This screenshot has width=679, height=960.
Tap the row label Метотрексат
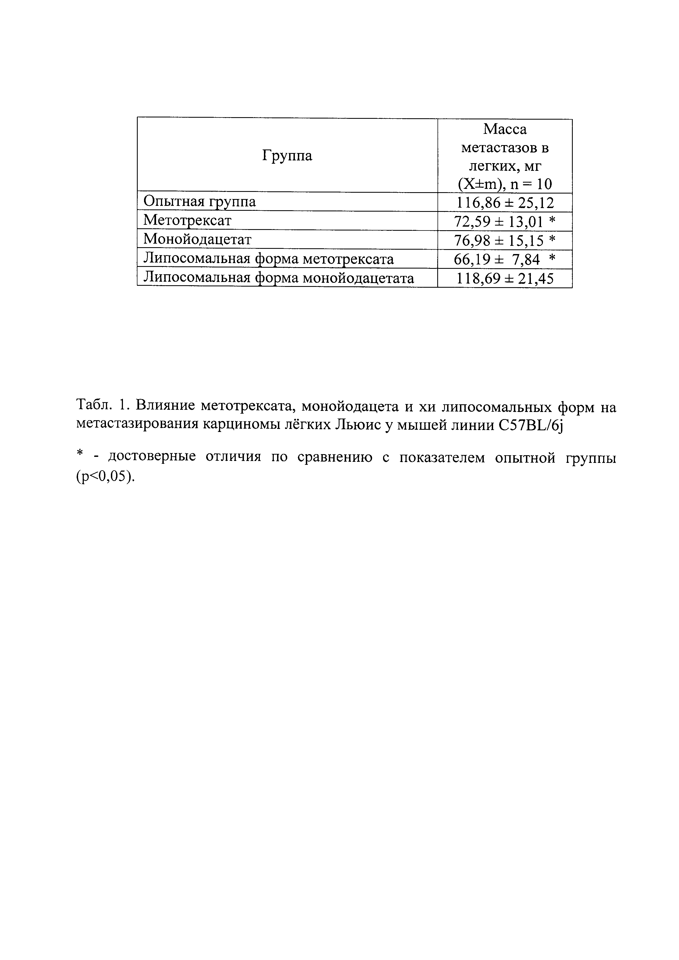pyautogui.click(x=187, y=220)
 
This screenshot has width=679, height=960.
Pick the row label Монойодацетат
pyautogui.click(x=197, y=239)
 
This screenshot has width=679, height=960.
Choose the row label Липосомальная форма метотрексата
pyautogui.click(x=268, y=259)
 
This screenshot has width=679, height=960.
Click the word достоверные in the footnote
pyautogui.click(x=152, y=457)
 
